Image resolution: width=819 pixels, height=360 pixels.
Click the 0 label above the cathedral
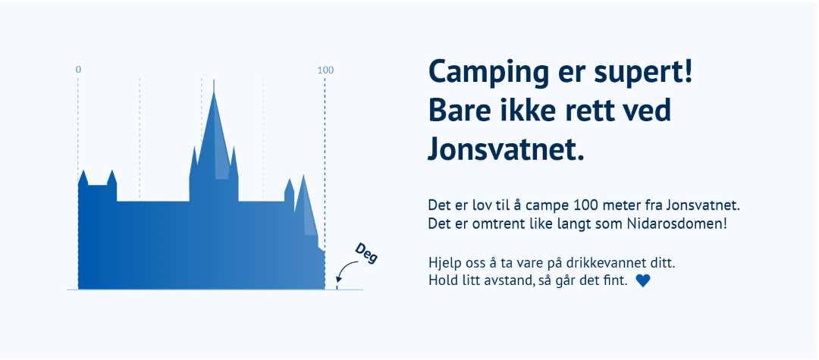(78, 70)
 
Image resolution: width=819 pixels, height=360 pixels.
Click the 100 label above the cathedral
(325, 70)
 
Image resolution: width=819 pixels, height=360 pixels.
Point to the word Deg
(366, 253)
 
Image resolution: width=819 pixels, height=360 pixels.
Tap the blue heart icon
(643, 280)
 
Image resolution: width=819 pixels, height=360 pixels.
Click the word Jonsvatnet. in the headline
(507, 147)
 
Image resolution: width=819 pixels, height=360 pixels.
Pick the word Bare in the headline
(462, 110)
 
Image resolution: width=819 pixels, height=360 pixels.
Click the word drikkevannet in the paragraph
(604, 264)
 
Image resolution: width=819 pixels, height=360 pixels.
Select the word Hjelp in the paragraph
(444, 264)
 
